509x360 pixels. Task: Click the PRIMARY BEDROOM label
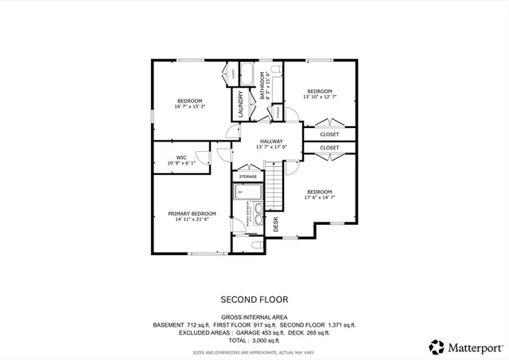pos(192,213)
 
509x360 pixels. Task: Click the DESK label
pos(276,225)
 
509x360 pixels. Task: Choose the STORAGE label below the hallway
pos(247,176)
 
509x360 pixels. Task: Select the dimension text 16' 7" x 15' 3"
pos(190,106)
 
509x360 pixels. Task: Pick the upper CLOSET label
pos(329,134)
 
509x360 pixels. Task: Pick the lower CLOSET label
pos(329,148)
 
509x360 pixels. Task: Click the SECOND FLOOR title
pos(254,300)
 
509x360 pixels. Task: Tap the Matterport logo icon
pos(437,346)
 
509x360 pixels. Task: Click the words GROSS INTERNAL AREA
pos(254,316)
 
